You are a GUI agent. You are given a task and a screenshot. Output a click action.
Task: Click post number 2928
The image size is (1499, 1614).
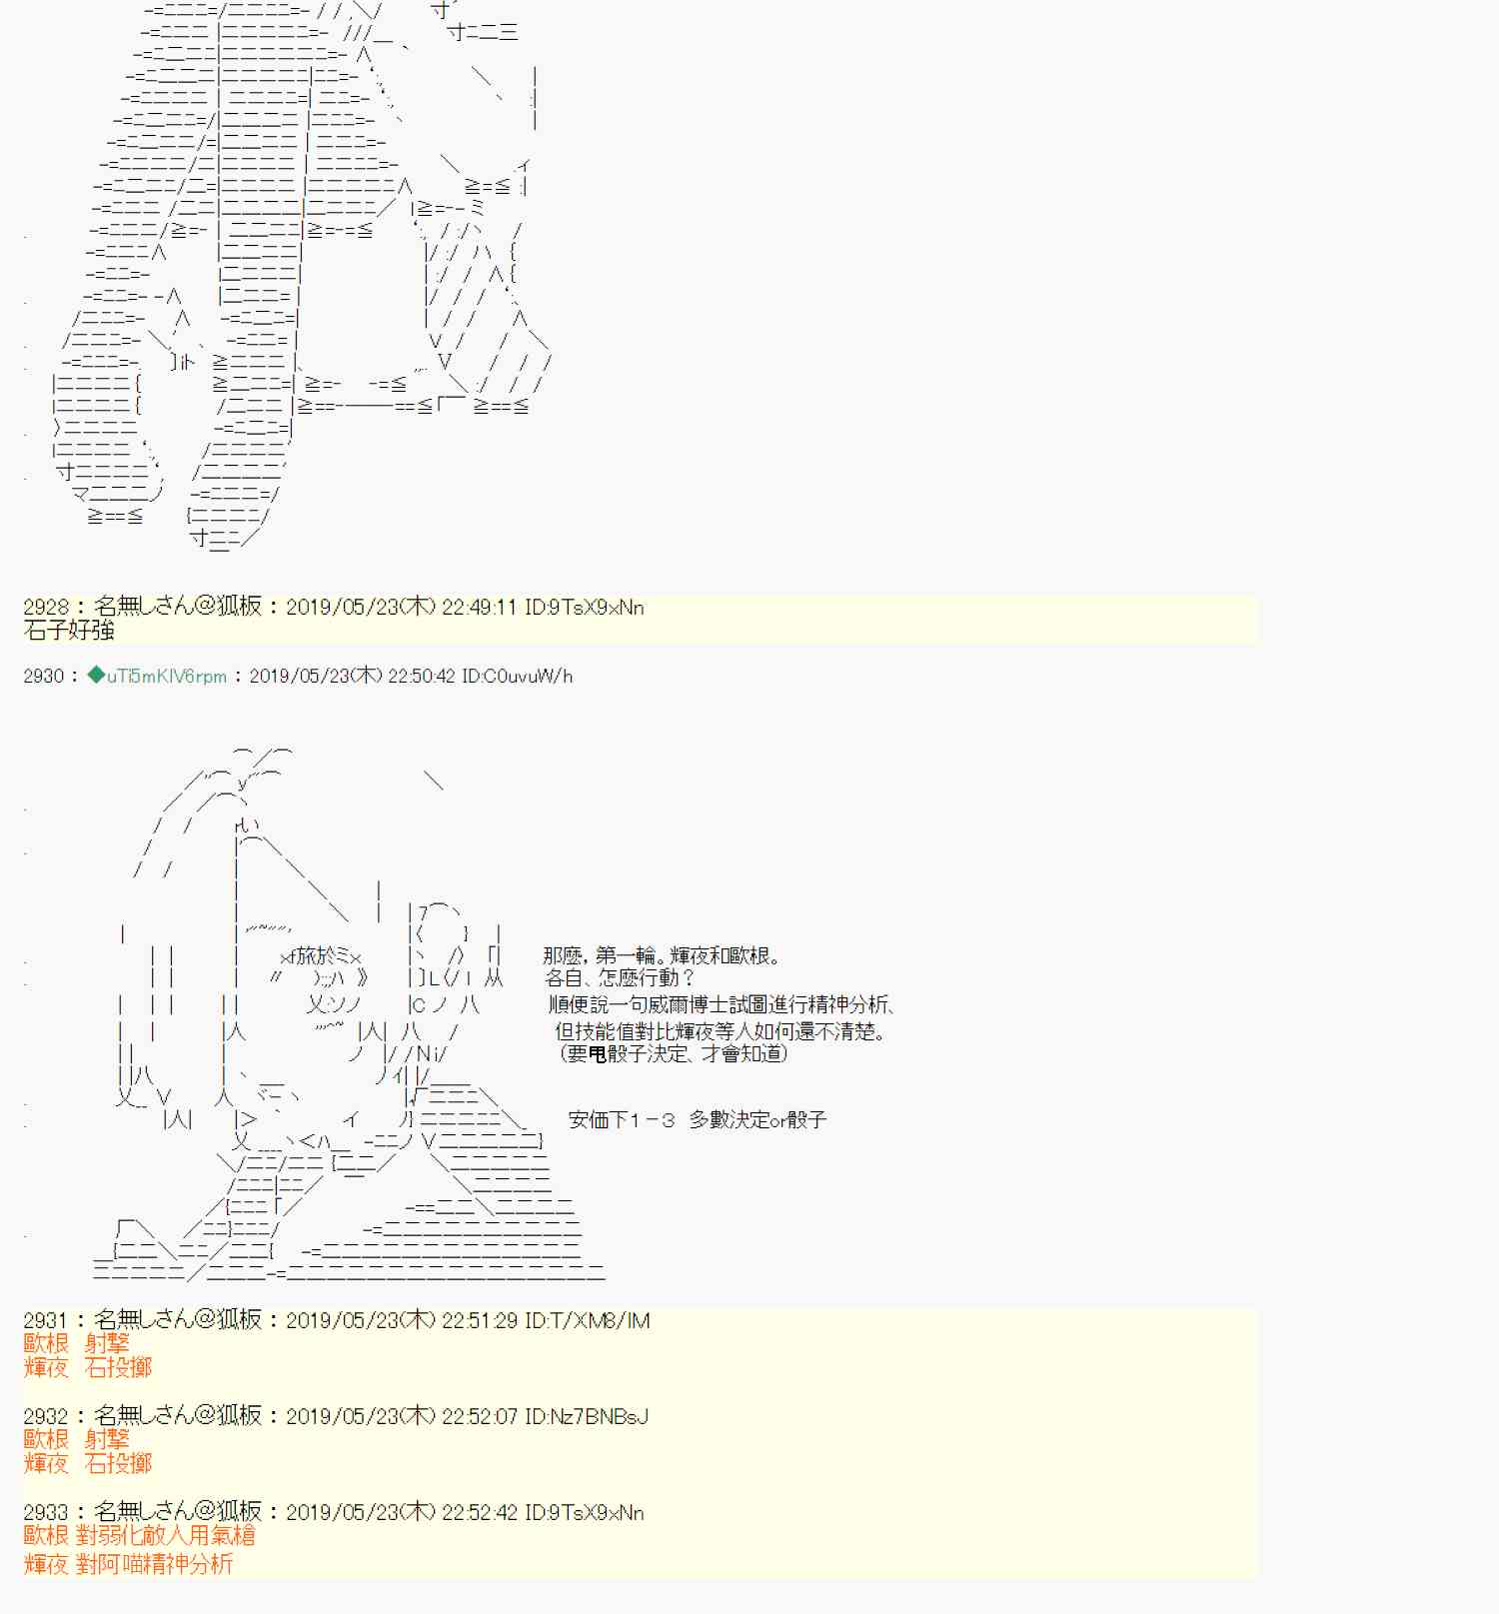coord(46,607)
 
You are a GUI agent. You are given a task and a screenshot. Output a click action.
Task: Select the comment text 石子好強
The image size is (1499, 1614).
coord(69,631)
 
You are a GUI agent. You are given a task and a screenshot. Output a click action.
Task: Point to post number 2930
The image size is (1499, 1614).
coord(44,677)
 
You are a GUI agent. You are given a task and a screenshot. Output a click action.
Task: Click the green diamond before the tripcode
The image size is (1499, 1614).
coord(96,676)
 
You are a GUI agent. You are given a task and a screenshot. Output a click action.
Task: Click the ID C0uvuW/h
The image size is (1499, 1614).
coord(517,677)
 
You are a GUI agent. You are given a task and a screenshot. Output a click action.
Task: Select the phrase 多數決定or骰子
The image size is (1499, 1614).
coord(757,1120)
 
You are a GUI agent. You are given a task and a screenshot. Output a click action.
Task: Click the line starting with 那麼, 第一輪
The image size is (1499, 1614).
coord(662,956)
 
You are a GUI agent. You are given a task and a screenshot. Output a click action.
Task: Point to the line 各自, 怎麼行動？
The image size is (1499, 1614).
coord(620,978)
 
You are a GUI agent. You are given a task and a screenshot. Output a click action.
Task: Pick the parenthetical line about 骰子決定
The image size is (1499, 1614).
coord(673,1053)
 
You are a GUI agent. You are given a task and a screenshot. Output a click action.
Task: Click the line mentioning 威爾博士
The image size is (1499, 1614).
coord(721,1005)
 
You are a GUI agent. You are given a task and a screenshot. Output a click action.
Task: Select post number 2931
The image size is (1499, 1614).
coord(46,1321)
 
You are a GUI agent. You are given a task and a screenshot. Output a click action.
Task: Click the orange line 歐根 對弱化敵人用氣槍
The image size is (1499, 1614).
coord(140,1536)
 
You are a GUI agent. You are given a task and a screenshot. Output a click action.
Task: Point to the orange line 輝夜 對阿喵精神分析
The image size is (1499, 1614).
coord(128,1564)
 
